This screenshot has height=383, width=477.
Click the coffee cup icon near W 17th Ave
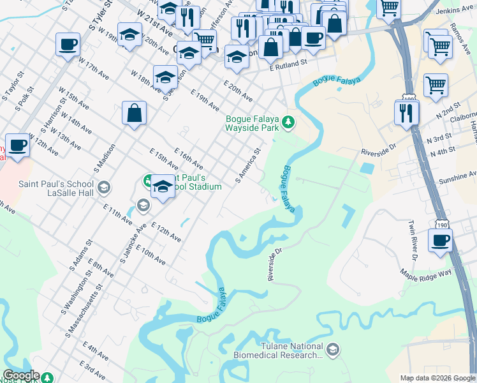coord(68,45)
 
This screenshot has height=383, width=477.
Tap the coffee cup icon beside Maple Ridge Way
coord(440,241)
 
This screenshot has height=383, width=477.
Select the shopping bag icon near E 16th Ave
coord(135,113)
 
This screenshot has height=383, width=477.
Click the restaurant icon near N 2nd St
coord(407,112)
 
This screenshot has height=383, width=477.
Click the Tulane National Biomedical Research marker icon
coord(332,350)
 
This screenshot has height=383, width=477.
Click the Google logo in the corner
coord(21,375)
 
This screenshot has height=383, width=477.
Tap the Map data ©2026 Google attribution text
coord(437,378)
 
